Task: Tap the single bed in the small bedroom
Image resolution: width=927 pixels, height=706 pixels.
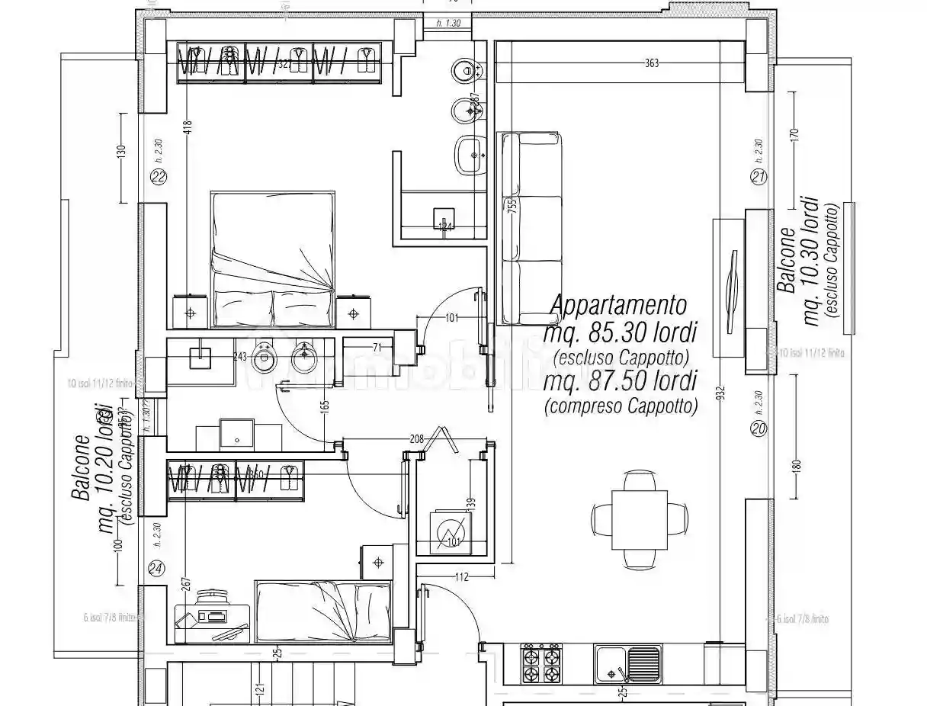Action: (323, 611)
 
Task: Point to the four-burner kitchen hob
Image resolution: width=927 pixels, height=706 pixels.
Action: (540, 665)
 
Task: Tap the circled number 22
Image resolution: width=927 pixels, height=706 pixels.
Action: (159, 178)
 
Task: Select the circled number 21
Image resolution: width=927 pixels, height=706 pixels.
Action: (758, 178)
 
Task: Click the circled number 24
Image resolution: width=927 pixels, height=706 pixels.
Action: (156, 569)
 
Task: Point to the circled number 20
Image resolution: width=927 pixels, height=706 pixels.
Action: (758, 429)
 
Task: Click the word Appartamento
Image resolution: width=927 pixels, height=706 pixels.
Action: (618, 306)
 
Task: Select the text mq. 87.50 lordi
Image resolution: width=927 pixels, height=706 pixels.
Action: (621, 380)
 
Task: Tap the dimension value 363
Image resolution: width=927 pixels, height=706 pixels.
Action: (651, 63)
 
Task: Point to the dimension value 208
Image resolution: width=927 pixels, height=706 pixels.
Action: (416, 439)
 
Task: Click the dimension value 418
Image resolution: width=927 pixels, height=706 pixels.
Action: (188, 128)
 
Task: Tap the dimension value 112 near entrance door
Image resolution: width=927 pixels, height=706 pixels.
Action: (461, 577)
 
